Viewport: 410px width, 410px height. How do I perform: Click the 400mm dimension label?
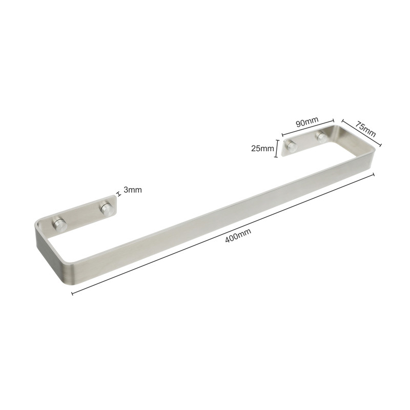pos(238,235)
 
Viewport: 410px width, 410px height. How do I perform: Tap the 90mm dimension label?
pos(307,121)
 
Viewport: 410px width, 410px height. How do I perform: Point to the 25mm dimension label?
pos(262,149)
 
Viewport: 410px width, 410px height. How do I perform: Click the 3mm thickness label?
pos(133,190)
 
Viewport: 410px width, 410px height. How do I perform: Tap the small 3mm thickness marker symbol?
pos(119,194)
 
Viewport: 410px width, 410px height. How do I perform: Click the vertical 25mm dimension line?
pos(276,148)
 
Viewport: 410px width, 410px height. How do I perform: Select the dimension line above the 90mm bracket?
pos(308,128)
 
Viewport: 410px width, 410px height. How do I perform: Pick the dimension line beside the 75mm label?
pos(362,133)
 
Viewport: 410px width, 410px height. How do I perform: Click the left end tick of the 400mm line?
pos(72,294)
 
